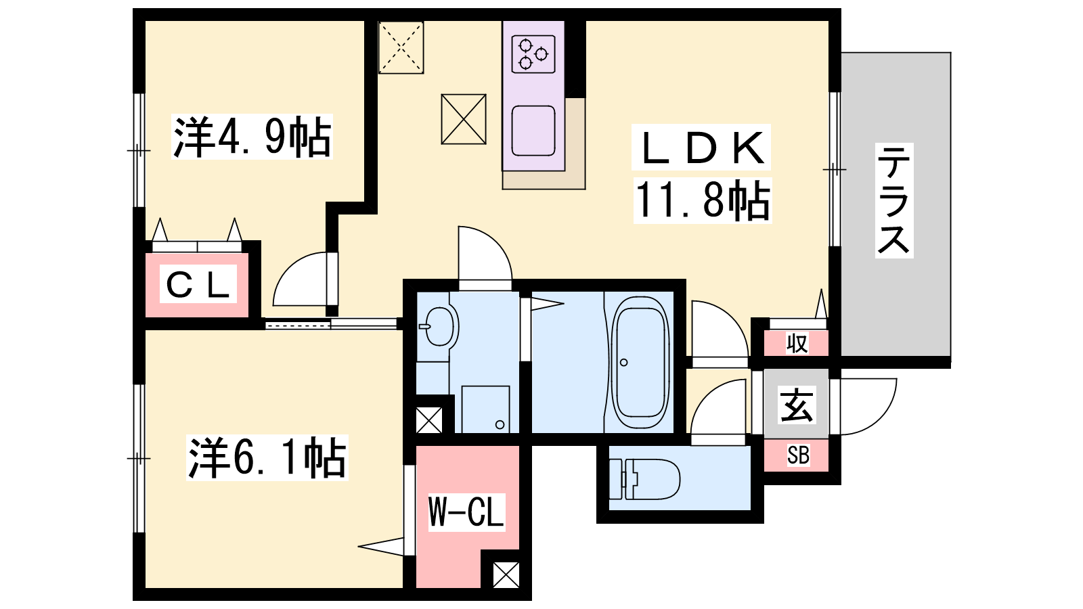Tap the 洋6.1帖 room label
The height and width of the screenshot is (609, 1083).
(x=267, y=457)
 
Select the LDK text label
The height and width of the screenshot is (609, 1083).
(x=701, y=148)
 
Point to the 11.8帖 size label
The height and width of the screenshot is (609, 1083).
(x=702, y=200)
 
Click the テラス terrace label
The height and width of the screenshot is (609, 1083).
(x=894, y=200)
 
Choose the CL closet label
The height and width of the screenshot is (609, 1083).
(x=198, y=284)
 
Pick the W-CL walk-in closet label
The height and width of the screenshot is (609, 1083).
(x=466, y=512)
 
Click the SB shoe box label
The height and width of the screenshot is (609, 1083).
(x=798, y=455)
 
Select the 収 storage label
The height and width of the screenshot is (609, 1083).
(x=797, y=344)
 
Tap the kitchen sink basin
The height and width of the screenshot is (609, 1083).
(x=533, y=131)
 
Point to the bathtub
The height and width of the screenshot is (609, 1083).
(x=640, y=363)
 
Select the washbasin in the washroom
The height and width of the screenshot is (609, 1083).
(x=439, y=327)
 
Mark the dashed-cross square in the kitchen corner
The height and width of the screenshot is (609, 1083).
(x=401, y=47)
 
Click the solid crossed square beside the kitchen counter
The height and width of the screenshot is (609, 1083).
(x=464, y=119)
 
